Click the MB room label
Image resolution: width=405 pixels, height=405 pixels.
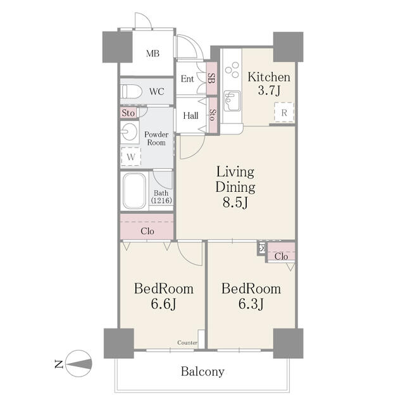coord(153,53)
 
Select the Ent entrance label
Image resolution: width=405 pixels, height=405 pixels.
coord(187,79)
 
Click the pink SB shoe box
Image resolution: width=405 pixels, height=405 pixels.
coord(211,78)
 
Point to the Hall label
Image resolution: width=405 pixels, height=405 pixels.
coord(190,116)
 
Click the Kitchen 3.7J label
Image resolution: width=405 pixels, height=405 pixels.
coord(269,84)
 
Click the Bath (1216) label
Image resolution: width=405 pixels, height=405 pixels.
coord(161,197)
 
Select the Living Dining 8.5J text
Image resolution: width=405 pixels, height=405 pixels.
coord(235,187)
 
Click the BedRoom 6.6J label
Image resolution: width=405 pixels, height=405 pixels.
coord(163,296)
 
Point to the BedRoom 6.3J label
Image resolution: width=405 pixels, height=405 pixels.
coord(251,296)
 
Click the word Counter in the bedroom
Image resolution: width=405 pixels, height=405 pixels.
coord(187,343)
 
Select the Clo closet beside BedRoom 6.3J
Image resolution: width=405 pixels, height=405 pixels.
coord(281,256)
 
